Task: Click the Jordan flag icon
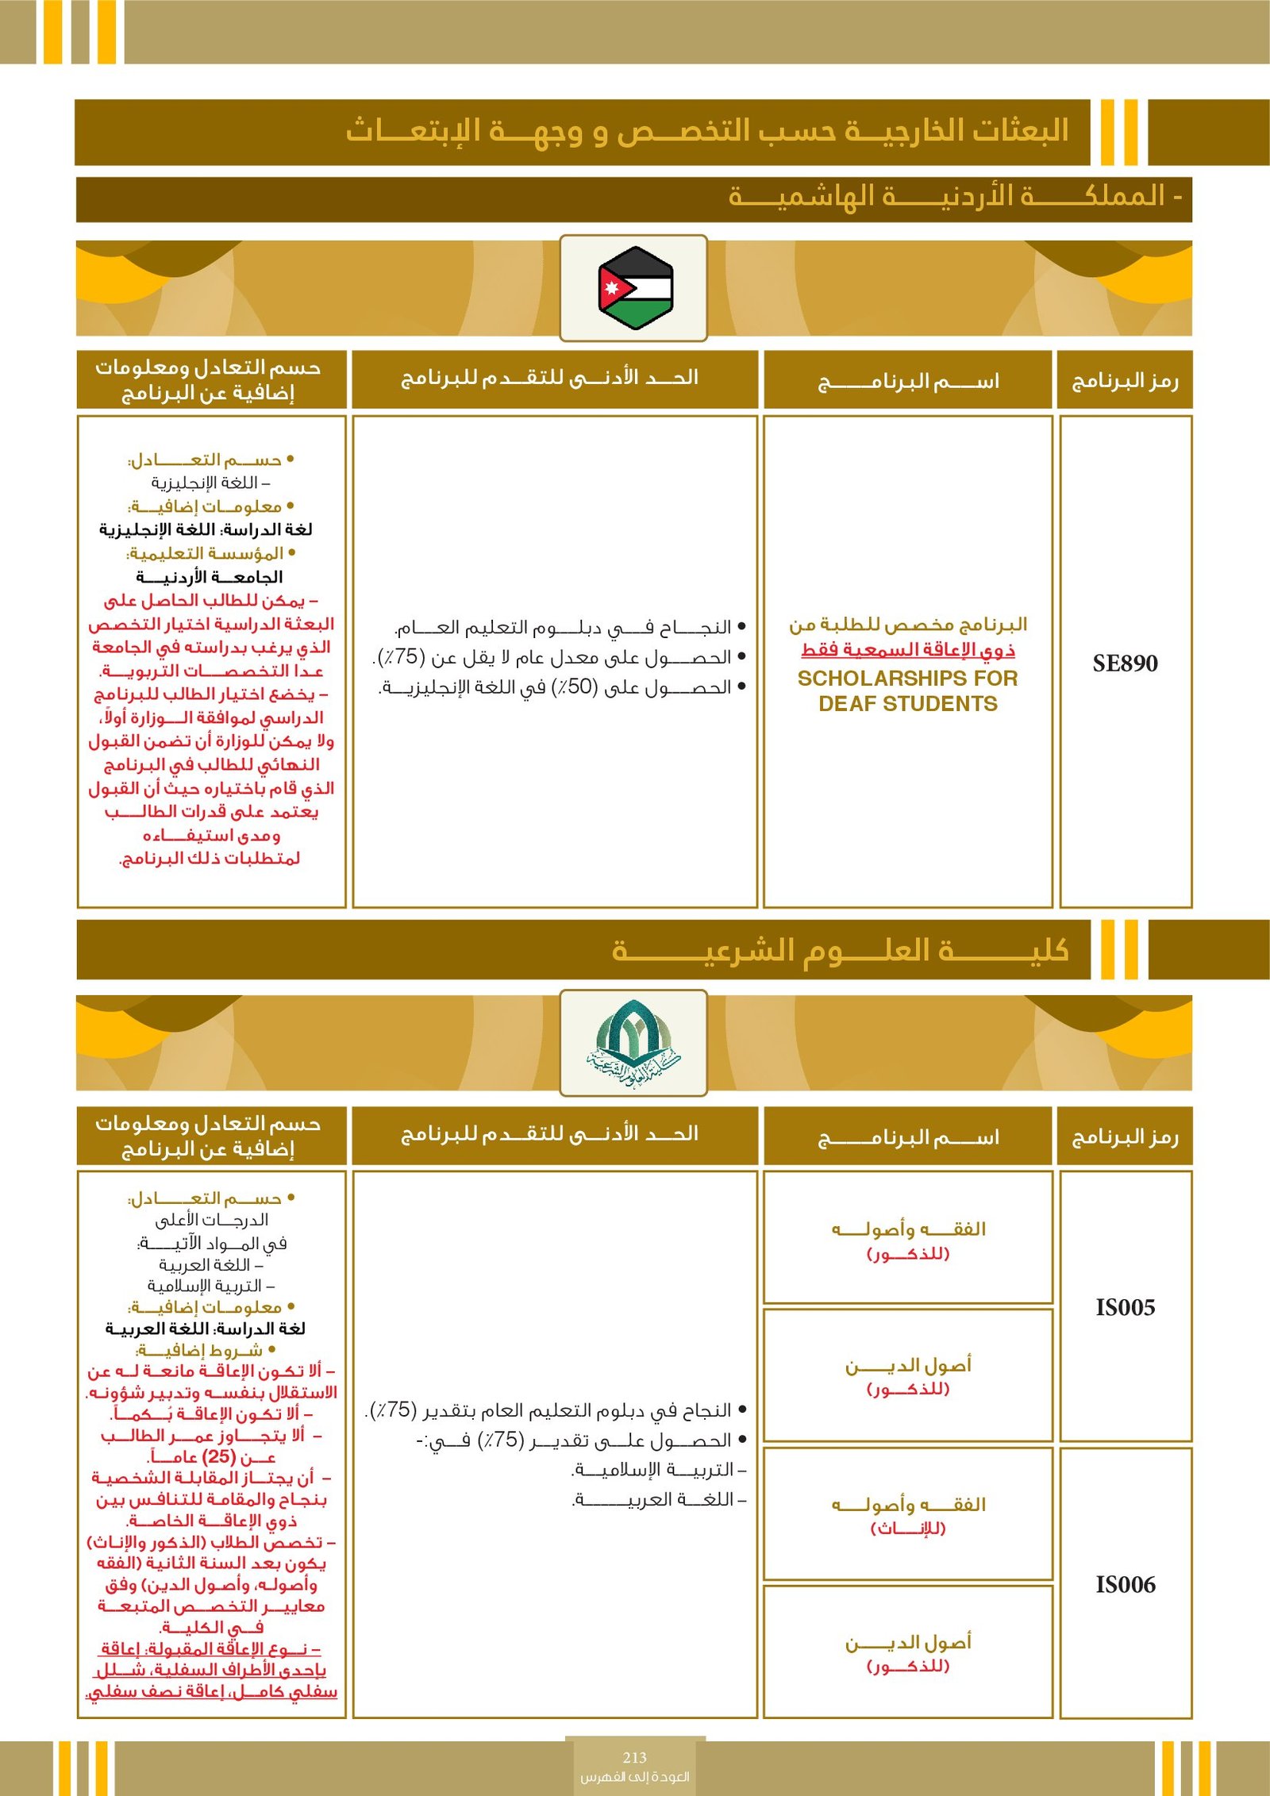pos(635,287)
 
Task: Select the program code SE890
pos(1125,663)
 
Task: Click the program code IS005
pos(1125,1307)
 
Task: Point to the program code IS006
pos(1125,1584)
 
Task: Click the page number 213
pos(634,1757)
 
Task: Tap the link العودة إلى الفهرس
pos(634,1776)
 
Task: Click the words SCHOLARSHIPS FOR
pos(907,679)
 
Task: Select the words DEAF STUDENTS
pos(907,704)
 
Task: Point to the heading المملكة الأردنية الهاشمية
pos(952,196)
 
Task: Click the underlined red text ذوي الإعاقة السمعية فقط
pos(907,650)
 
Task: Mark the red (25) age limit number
pos(219,1457)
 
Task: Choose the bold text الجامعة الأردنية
pos(210,577)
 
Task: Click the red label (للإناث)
pos(907,1529)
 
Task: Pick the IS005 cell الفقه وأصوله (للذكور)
pos(907,1240)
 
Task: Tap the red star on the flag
pos(611,287)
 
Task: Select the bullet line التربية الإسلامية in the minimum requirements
pos(659,1470)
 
